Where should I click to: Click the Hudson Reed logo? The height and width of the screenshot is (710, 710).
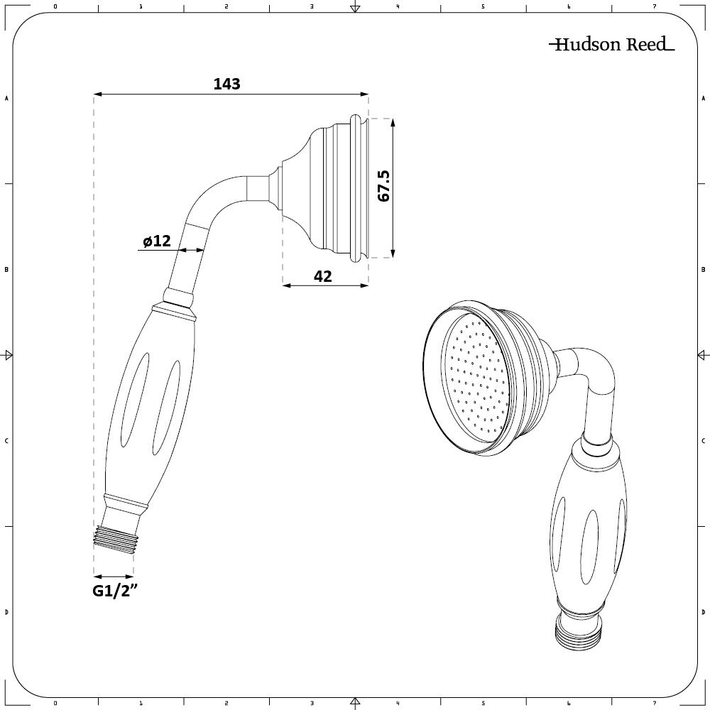pyautogui.click(x=611, y=45)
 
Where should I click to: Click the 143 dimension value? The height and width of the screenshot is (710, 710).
pyautogui.click(x=226, y=84)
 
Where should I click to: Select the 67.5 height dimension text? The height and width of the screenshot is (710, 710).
pyautogui.click(x=384, y=186)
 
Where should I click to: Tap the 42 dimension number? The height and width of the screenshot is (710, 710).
pyautogui.click(x=322, y=276)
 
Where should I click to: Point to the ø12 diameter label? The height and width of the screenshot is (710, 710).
pyautogui.click(x=156, y=241)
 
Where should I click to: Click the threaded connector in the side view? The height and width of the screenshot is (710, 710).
pyautogui.click(x=114, y=535)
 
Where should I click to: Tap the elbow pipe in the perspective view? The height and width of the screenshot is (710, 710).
pyautogui.click(x=593, y=383)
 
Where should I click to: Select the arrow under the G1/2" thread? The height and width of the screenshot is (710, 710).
pyautogui.click(x=114, y=577)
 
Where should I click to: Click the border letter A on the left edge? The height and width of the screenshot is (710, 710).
pyautogui.click(x=6, y=99)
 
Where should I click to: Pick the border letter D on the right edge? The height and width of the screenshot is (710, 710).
pyautogui.click(x=703, y=612)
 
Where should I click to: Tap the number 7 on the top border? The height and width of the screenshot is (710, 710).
pyautogui.click(x=655, y=6)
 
